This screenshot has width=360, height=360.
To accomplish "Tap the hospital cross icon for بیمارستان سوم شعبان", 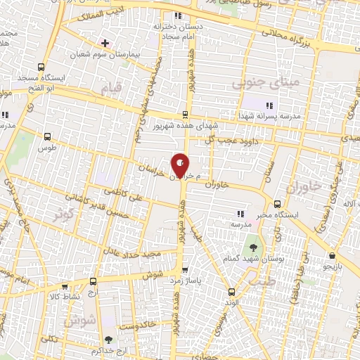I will pos(105,43).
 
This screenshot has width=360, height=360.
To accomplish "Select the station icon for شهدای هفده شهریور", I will pos(185,114).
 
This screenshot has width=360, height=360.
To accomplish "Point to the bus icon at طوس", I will pos(47,137).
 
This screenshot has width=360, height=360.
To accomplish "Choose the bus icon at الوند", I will pos(231,290).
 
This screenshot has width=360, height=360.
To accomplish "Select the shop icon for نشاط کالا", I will pos(65,286).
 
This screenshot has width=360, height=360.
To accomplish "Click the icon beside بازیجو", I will pos(331,255).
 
